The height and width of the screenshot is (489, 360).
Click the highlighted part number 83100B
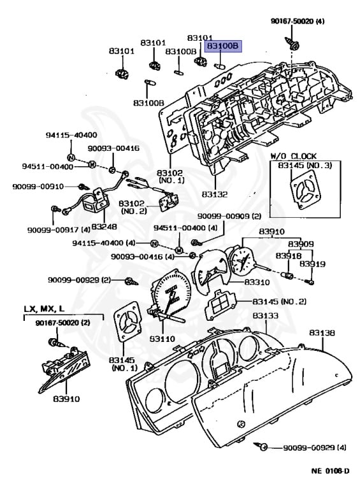(x=222, y=46)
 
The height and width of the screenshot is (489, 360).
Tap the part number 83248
(x=103, y=226)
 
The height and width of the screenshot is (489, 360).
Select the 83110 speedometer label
(x=162, y=339)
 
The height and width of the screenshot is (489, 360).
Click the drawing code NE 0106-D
(x=329, y=471)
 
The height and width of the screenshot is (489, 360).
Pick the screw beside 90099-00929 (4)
(x=267, y=448)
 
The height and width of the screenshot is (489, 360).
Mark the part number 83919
(x=312, y=264)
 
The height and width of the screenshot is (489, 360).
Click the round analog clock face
(x=242, y=259)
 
